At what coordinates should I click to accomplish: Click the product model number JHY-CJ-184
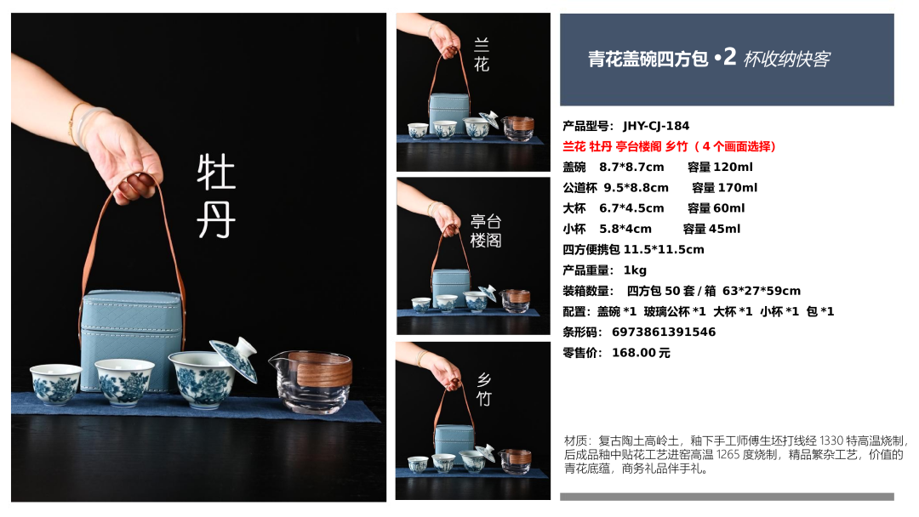656,126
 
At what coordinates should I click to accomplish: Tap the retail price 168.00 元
641,353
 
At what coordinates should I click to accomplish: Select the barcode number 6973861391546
664,332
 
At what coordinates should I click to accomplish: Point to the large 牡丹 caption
216,196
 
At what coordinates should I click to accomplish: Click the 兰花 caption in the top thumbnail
481,54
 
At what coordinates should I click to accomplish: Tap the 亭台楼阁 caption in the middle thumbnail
486,230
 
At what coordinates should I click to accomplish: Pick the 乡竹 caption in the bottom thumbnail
483,389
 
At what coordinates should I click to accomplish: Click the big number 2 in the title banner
729,57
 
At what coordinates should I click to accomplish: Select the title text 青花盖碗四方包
648,60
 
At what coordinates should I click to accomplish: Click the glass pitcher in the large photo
311,381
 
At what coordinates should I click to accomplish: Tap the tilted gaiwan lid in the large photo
236,358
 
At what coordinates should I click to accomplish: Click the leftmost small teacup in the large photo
55,383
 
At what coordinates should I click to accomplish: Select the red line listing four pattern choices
669,146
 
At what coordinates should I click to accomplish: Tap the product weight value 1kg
635,270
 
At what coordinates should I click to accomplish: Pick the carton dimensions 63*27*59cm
762,291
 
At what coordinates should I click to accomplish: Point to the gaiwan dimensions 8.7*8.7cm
631,168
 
